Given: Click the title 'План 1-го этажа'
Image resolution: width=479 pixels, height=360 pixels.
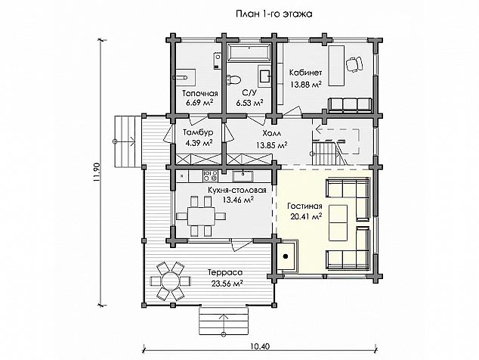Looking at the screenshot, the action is (274, 14).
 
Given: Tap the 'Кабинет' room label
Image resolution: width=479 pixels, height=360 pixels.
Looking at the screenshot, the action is (305, 73).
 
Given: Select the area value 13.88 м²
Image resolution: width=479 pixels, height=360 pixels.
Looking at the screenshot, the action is (306, 84).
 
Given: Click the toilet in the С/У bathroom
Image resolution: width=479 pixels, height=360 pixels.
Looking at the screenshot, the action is (233, 79).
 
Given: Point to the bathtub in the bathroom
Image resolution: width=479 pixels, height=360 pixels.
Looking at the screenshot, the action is (249, 52).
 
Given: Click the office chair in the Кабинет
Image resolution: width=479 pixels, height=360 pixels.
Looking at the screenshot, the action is (354, 64).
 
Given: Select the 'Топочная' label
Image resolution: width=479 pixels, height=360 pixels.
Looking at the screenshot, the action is (200, 93).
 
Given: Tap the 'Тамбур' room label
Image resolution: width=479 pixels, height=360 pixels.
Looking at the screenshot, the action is (198, 132).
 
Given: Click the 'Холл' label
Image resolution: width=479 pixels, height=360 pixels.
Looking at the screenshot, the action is (271, 134).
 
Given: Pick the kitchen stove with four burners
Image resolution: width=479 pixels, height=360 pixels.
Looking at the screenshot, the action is (210, 175).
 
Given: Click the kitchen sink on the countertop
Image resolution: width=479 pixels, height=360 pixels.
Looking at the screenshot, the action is (243, 176).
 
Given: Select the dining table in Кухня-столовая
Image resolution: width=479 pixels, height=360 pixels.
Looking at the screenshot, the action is (201, 216).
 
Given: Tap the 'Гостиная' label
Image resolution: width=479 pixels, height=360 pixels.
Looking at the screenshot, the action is (304, 206).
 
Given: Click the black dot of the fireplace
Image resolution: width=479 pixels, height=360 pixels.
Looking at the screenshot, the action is (286, 256).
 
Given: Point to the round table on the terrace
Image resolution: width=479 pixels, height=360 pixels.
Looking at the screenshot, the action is (170, 281).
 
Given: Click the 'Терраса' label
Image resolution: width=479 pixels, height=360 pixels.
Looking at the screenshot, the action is (225, 272).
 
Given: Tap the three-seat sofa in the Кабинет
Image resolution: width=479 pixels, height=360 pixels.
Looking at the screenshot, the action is (350, 104).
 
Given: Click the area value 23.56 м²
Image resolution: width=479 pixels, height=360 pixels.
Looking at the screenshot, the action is (227, 284).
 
